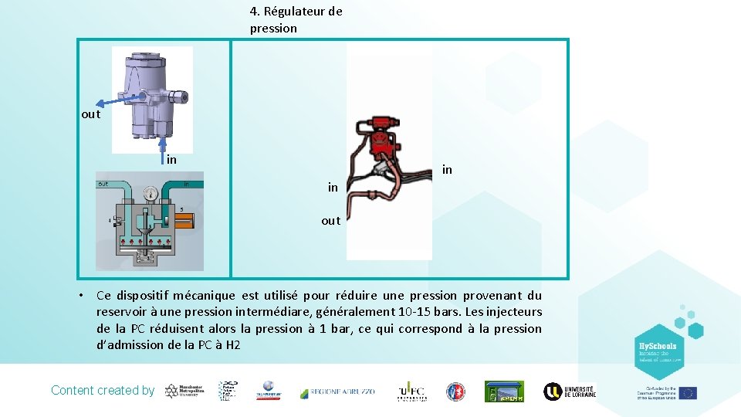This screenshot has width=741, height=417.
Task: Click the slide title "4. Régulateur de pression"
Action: (296, 20)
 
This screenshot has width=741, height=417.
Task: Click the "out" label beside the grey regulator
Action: (91, 114)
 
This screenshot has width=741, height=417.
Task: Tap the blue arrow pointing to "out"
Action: (116, 100)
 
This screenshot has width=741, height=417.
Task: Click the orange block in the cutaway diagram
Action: (187, 222)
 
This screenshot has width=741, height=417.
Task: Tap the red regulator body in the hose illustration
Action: (380, 139)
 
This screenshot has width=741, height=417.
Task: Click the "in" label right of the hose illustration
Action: (447, 169)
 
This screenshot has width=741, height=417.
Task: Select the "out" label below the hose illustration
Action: (330, 221)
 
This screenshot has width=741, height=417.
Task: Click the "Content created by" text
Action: (103, 391)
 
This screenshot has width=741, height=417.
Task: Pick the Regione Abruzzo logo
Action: (337, 392)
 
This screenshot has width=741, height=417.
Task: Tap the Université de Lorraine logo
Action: (570, 392)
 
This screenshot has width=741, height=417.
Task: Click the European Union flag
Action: (687, 393)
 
